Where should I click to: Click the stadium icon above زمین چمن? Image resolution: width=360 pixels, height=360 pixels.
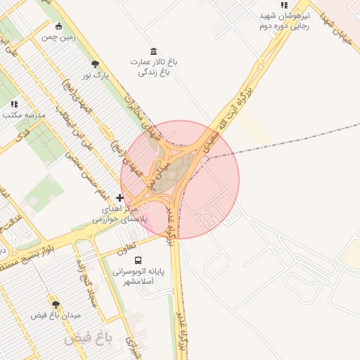[x=58, y=27]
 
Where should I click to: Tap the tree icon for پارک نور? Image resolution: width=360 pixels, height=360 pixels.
[x=86, y=64]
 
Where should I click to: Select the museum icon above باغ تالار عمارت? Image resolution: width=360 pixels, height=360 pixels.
[x=154, y=51]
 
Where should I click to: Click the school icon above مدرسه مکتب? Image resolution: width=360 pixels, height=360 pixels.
[x=14, y=104]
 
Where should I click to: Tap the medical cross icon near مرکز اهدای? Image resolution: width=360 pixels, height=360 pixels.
[x=120, y=198]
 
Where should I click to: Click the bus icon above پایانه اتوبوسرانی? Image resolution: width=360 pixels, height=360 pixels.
[x=137, y=259]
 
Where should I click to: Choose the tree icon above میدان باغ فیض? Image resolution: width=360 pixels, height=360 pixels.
[x=56, y=304]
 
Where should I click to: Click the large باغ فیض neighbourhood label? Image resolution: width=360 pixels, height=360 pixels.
[x=89, y=339]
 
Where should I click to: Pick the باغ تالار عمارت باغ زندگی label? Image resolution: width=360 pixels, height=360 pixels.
[x=153, y=67]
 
